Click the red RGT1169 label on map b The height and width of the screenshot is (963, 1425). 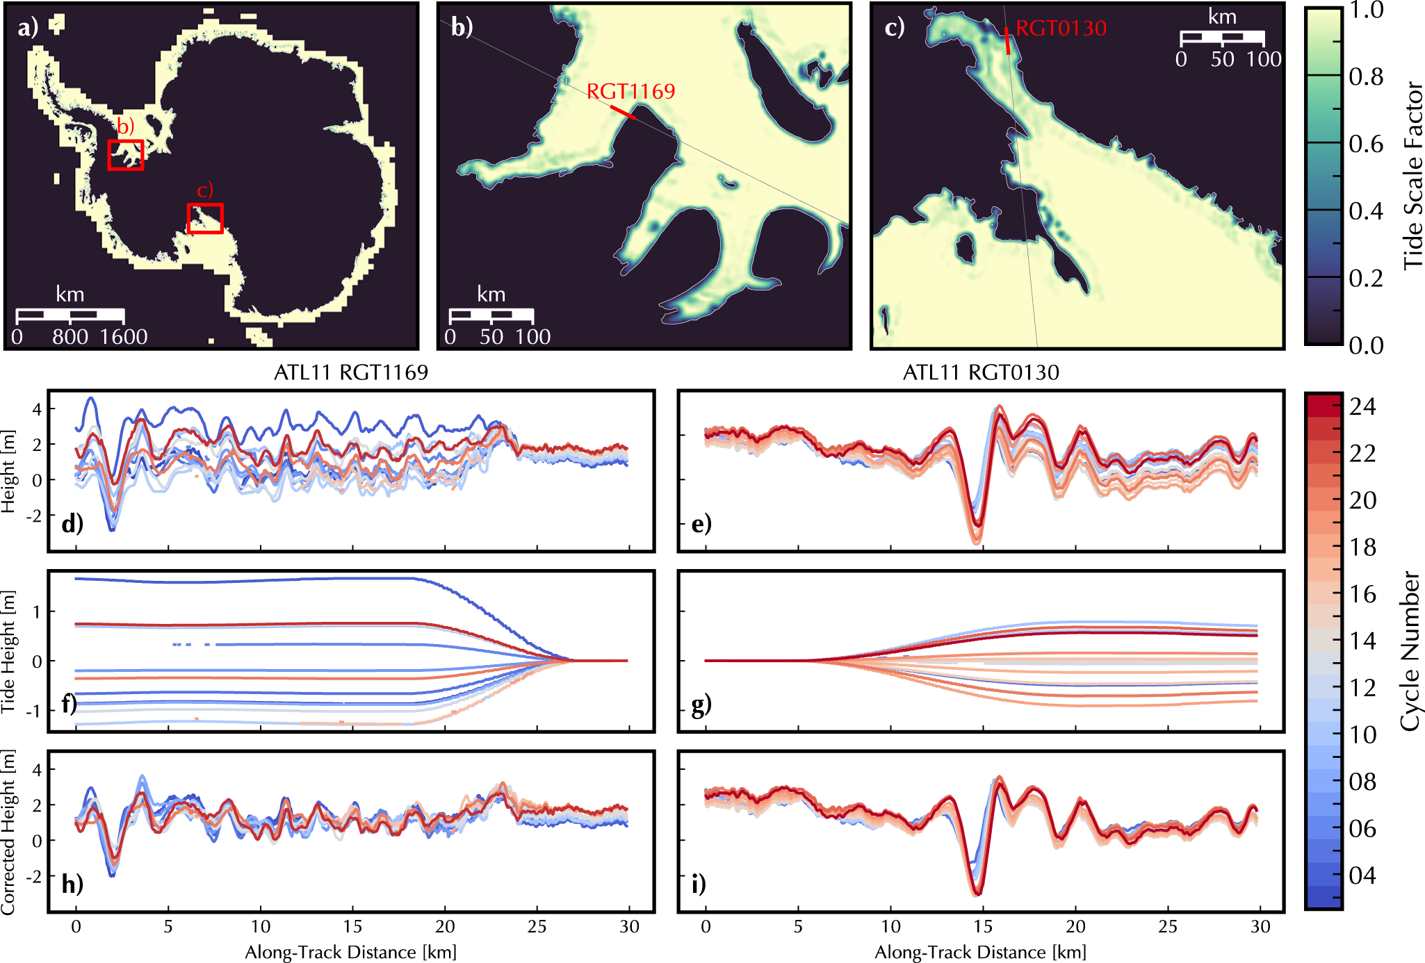631,91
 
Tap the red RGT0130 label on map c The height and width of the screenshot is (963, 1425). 1061,28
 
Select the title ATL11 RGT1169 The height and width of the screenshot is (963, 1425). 351,372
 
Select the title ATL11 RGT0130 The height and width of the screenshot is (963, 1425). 981,372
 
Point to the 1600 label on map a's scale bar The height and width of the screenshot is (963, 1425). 124,337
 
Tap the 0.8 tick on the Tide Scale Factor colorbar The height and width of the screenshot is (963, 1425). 1366,76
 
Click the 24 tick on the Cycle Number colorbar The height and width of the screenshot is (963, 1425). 1362,406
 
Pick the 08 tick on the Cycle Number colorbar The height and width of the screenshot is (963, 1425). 1362,782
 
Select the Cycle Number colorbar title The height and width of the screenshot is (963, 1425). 1410,651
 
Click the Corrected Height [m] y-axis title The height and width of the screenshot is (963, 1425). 8,832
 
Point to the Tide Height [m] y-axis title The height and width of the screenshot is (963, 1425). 8,652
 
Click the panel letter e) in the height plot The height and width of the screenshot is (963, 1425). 701,523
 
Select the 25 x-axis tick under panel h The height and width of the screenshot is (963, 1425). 537,926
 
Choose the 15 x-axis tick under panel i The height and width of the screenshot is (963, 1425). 983,926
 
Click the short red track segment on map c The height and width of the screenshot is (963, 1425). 1007,42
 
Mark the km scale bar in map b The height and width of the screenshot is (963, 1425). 491,315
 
